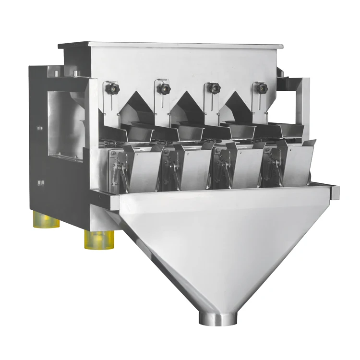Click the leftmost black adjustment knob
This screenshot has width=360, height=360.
pyautogui.click(x=113, y=88)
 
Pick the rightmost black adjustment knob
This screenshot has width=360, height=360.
pyautogui.click(x=262, y=88)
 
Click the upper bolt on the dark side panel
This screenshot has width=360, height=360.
pyautogui.click(x=40, y=128)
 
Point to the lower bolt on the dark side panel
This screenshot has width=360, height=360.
pyautogui.click(x=41, y=182)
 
